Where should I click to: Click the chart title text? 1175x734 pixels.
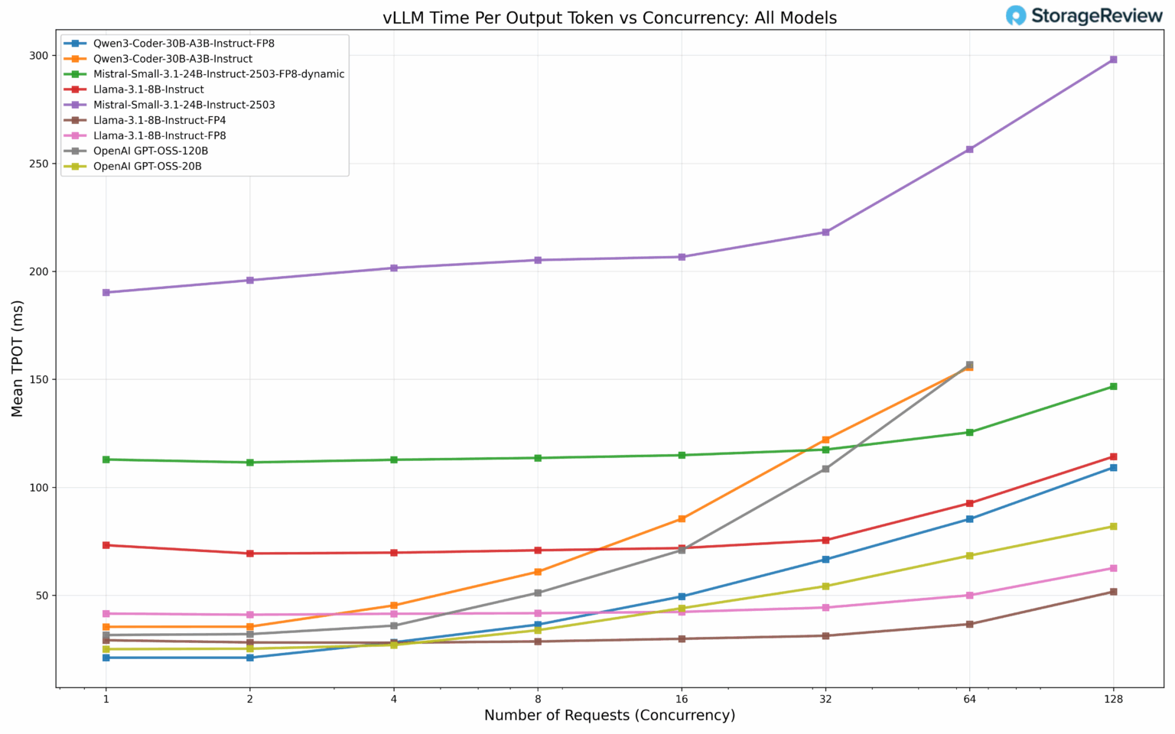click(x=610, y=18)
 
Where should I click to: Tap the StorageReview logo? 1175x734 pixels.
click(x=1084, y=15)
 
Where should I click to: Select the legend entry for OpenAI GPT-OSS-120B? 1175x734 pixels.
click(x=151, y=151)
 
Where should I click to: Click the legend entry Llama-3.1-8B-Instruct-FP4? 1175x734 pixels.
click(x=159, y=120)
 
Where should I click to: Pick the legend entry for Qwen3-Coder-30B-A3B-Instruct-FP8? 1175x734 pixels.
click(x=184, y=44)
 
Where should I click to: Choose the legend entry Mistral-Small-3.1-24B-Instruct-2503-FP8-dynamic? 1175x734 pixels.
click(x=219, y=74)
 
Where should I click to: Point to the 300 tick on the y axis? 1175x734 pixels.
click(x=39, y=56)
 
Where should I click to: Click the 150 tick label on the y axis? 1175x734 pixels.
click(x=39, y=380)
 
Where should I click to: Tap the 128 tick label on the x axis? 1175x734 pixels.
click(x=1113, y=698)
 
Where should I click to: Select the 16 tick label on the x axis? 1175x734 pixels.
click(x=682, y=698)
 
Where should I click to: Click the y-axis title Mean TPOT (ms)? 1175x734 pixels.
click(x=18, y=359)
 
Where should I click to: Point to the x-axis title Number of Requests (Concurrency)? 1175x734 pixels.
click(x=610, y=716)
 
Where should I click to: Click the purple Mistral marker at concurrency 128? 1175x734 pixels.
click(x=1113, y=60)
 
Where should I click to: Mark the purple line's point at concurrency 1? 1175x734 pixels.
click(x=106, y=292)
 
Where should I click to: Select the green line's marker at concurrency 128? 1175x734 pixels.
click(x=1113, y=387)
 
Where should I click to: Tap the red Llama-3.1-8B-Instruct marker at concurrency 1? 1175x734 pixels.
click(x=106, y=545)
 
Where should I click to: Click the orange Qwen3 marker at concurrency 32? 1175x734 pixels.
click(x=825, y=440)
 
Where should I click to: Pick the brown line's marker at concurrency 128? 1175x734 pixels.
click(x=1113, y=592)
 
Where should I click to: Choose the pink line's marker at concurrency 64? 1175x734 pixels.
click(x=969, y=595)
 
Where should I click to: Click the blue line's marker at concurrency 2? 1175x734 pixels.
click(x=250, y=658)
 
